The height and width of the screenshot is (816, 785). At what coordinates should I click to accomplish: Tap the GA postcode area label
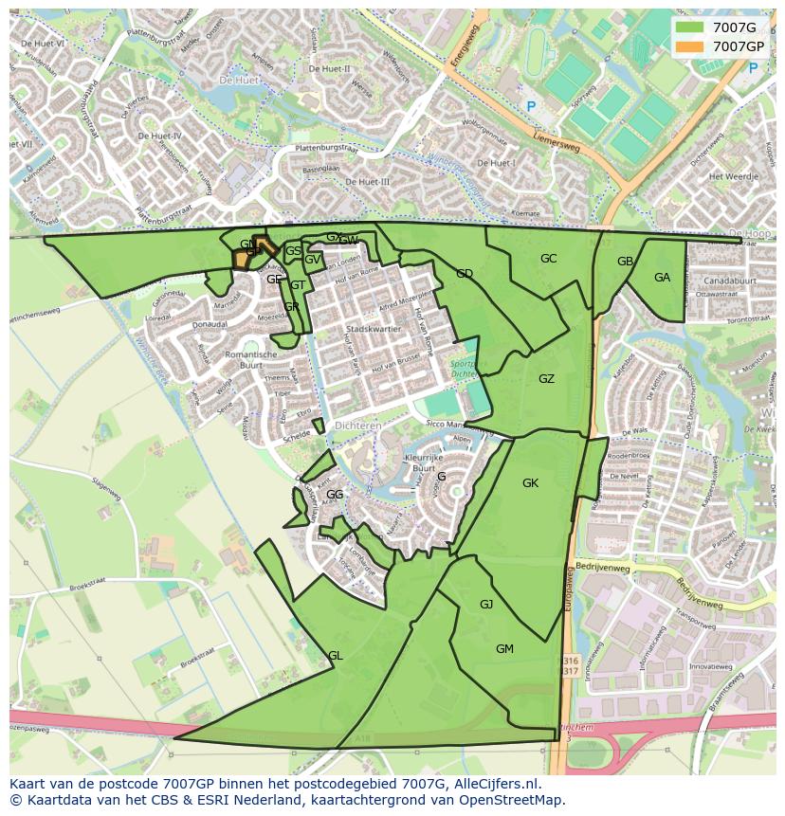point(662,278)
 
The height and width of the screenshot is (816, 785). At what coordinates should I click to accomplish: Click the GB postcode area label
point(625,262)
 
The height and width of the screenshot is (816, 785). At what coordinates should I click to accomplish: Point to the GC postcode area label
point(548,259)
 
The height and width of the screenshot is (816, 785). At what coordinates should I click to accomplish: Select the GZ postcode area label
point(546,379)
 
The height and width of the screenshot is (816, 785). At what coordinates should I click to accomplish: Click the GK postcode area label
point(530,483)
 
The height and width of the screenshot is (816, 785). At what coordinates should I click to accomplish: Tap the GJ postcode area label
point(486,605)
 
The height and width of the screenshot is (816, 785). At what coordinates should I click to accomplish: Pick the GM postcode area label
point(504,649)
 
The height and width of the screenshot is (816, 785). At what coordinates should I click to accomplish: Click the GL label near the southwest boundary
point(335,656)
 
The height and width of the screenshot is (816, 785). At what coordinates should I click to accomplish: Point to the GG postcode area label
point(335,495)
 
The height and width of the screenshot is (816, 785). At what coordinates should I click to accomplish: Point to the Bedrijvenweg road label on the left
point(603,568)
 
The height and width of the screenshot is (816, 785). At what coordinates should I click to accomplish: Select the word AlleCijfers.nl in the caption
point(498,784)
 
